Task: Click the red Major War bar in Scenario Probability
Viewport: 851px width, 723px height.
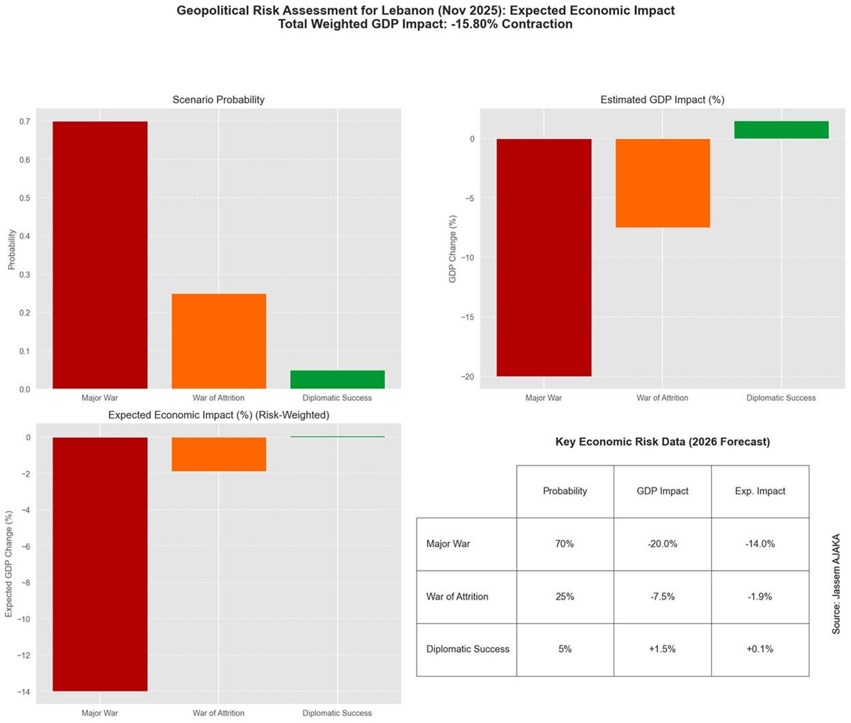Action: point(100,255)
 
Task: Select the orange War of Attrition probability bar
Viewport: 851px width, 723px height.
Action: point(219,341)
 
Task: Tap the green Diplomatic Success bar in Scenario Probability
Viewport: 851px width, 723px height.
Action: point(338,380)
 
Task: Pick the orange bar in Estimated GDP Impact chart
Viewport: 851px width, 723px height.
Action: point(663,183)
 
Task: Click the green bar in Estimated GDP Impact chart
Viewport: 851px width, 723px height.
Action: point(781,129)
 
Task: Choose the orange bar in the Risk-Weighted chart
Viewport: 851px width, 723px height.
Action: point(219,454)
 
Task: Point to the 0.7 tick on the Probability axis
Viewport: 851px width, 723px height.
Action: point(25,122)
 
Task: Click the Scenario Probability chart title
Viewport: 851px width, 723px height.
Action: point(218,99)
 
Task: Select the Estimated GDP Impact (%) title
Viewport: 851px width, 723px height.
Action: point(662,99)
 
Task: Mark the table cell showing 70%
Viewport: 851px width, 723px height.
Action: point(565,544)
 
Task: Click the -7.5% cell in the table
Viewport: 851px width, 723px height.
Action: point(662,596)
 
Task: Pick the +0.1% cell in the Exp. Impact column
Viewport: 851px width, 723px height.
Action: point(760,649)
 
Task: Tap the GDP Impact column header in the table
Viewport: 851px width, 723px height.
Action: point(662,491)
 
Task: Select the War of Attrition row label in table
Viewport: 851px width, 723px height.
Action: point(458,596)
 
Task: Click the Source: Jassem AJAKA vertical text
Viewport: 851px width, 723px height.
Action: point(836,584)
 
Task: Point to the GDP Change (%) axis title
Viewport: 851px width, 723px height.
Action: point(453,249)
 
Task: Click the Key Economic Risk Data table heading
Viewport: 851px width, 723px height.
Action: point(662,442)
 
